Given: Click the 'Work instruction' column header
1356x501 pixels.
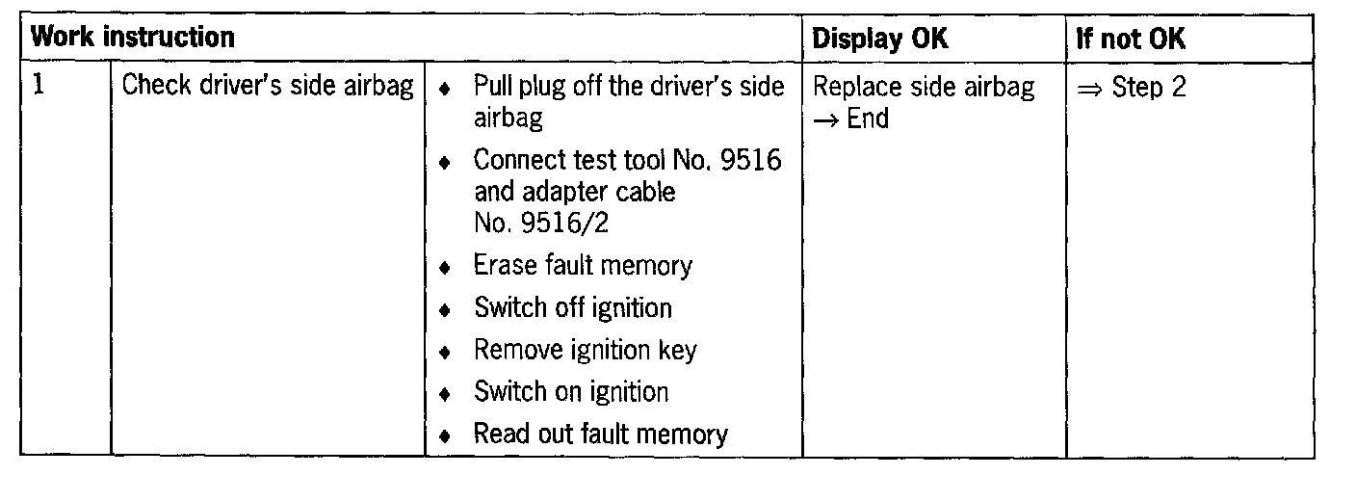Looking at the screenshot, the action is [x=133, y=39].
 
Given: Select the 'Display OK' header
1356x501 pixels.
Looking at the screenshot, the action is [x=879, y=39].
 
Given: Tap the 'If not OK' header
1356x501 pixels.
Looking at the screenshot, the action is [x=1131, y=40].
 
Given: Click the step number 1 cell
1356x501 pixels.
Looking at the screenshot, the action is [x=39, y=86].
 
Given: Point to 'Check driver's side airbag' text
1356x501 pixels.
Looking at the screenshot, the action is [x=268, y=87].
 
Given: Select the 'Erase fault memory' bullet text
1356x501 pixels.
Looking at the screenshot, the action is [x=582, y=265].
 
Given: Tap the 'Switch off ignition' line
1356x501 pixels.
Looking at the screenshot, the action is [x=572, y=308].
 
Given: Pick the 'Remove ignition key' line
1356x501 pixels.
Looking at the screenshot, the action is [x=584, y=350].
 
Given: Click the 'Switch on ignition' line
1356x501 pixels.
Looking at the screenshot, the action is [x=570, y=392].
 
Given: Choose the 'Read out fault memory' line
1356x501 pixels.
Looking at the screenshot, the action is [x=600, y=435].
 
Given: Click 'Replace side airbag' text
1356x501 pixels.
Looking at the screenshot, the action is [x=924, y=87].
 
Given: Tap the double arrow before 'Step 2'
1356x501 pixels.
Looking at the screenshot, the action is [x=1089, y=88].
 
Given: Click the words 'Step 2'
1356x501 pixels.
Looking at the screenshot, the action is [x=1149, y=88].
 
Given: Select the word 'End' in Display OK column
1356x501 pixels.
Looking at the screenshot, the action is [x=868, y=119].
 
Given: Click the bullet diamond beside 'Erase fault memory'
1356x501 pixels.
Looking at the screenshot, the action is [x=444, y=268].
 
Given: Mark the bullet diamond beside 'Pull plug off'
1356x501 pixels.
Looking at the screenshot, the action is [x=444, y=89].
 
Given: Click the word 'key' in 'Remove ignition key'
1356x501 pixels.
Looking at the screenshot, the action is [x=677, y=350].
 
